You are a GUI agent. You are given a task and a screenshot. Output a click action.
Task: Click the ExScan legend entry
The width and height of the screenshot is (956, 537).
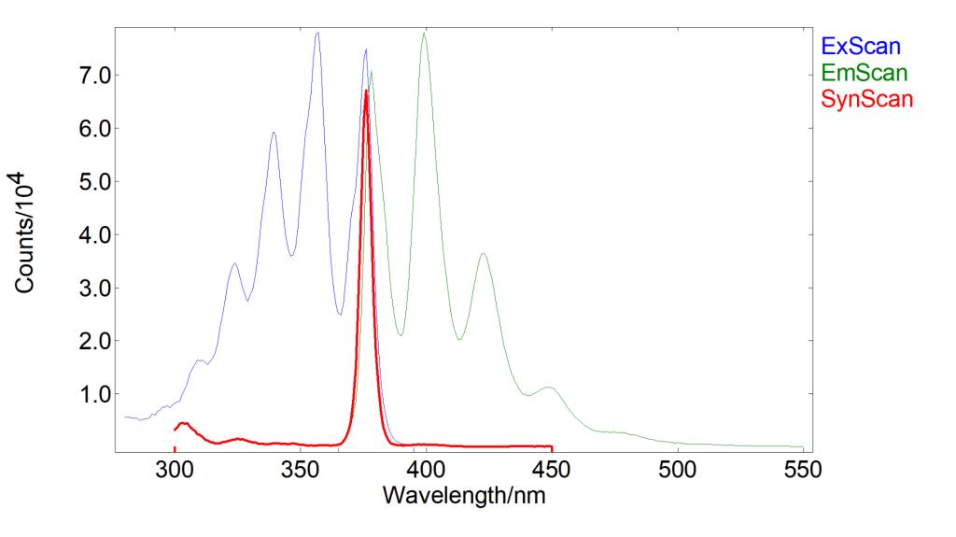point(861,44)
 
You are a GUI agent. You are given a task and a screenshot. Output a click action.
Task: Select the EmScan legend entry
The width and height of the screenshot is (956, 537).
point(864,71)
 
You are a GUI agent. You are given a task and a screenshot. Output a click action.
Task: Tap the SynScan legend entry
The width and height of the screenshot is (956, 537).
point(866,98)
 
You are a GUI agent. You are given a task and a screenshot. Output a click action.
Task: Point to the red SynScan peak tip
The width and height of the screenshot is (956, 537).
point(366,91)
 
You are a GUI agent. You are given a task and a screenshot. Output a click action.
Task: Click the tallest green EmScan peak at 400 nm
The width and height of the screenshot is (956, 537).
point(425,34)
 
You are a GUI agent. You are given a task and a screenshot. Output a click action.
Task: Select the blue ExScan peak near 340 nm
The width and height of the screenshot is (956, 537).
point(274,133)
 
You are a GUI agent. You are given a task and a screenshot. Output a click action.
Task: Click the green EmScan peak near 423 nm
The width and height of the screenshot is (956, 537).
point(483,254)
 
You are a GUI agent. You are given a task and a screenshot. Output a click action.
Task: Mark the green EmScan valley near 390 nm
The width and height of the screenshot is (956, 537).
point(401,334)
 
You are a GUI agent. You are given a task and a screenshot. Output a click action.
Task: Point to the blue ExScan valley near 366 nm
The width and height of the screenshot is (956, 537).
point(340,314)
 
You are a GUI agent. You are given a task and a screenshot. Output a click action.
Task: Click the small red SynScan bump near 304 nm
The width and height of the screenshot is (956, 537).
point(184,423)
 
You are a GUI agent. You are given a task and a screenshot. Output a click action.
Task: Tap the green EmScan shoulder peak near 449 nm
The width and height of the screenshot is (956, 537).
point(549,388)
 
